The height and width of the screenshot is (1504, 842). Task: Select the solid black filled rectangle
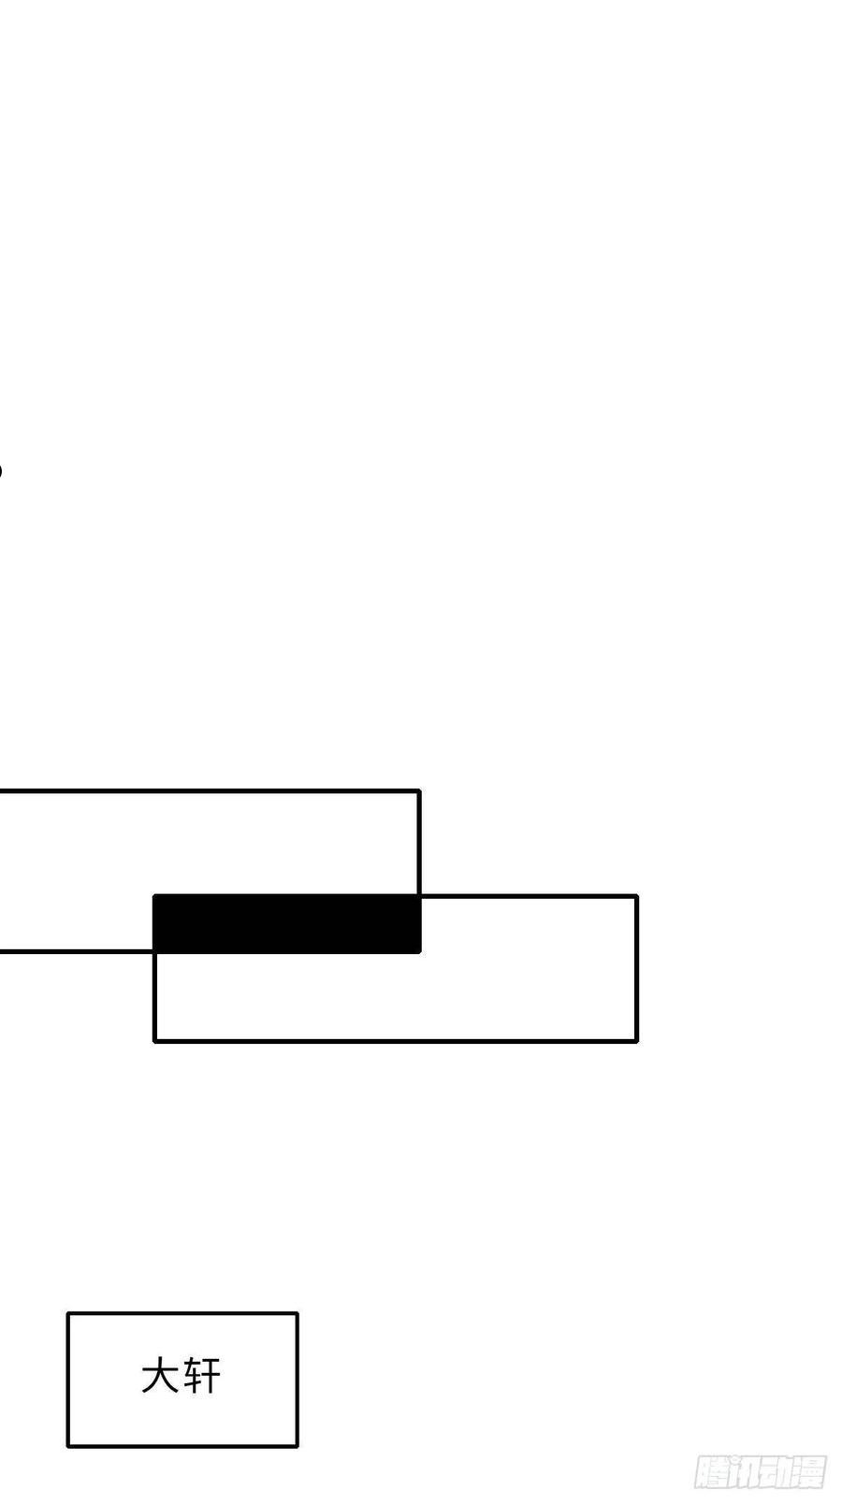(287, 924)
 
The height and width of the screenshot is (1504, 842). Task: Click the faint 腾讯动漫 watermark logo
(760, 1472)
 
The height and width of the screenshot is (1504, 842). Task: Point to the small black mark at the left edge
(1, 470)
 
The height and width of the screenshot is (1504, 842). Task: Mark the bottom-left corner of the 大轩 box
(67, 1446)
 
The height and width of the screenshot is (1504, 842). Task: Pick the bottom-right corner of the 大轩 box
(297, 1446)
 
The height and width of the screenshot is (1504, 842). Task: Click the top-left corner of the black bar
(153, 895)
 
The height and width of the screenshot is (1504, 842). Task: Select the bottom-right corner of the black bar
(421, 953)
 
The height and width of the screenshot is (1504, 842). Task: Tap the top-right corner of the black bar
(421, 895)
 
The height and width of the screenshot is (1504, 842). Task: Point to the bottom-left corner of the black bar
(153, 953)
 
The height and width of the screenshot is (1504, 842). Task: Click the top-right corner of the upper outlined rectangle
(420, 791)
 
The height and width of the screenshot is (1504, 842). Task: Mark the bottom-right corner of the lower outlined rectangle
(636, 1041)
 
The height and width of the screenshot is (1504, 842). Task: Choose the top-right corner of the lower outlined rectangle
(636, 896)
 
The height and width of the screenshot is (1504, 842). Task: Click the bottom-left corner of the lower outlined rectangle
(155, 1041)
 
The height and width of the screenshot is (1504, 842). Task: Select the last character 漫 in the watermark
(808, 1472)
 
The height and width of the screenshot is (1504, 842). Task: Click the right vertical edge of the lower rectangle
(636, 968)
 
